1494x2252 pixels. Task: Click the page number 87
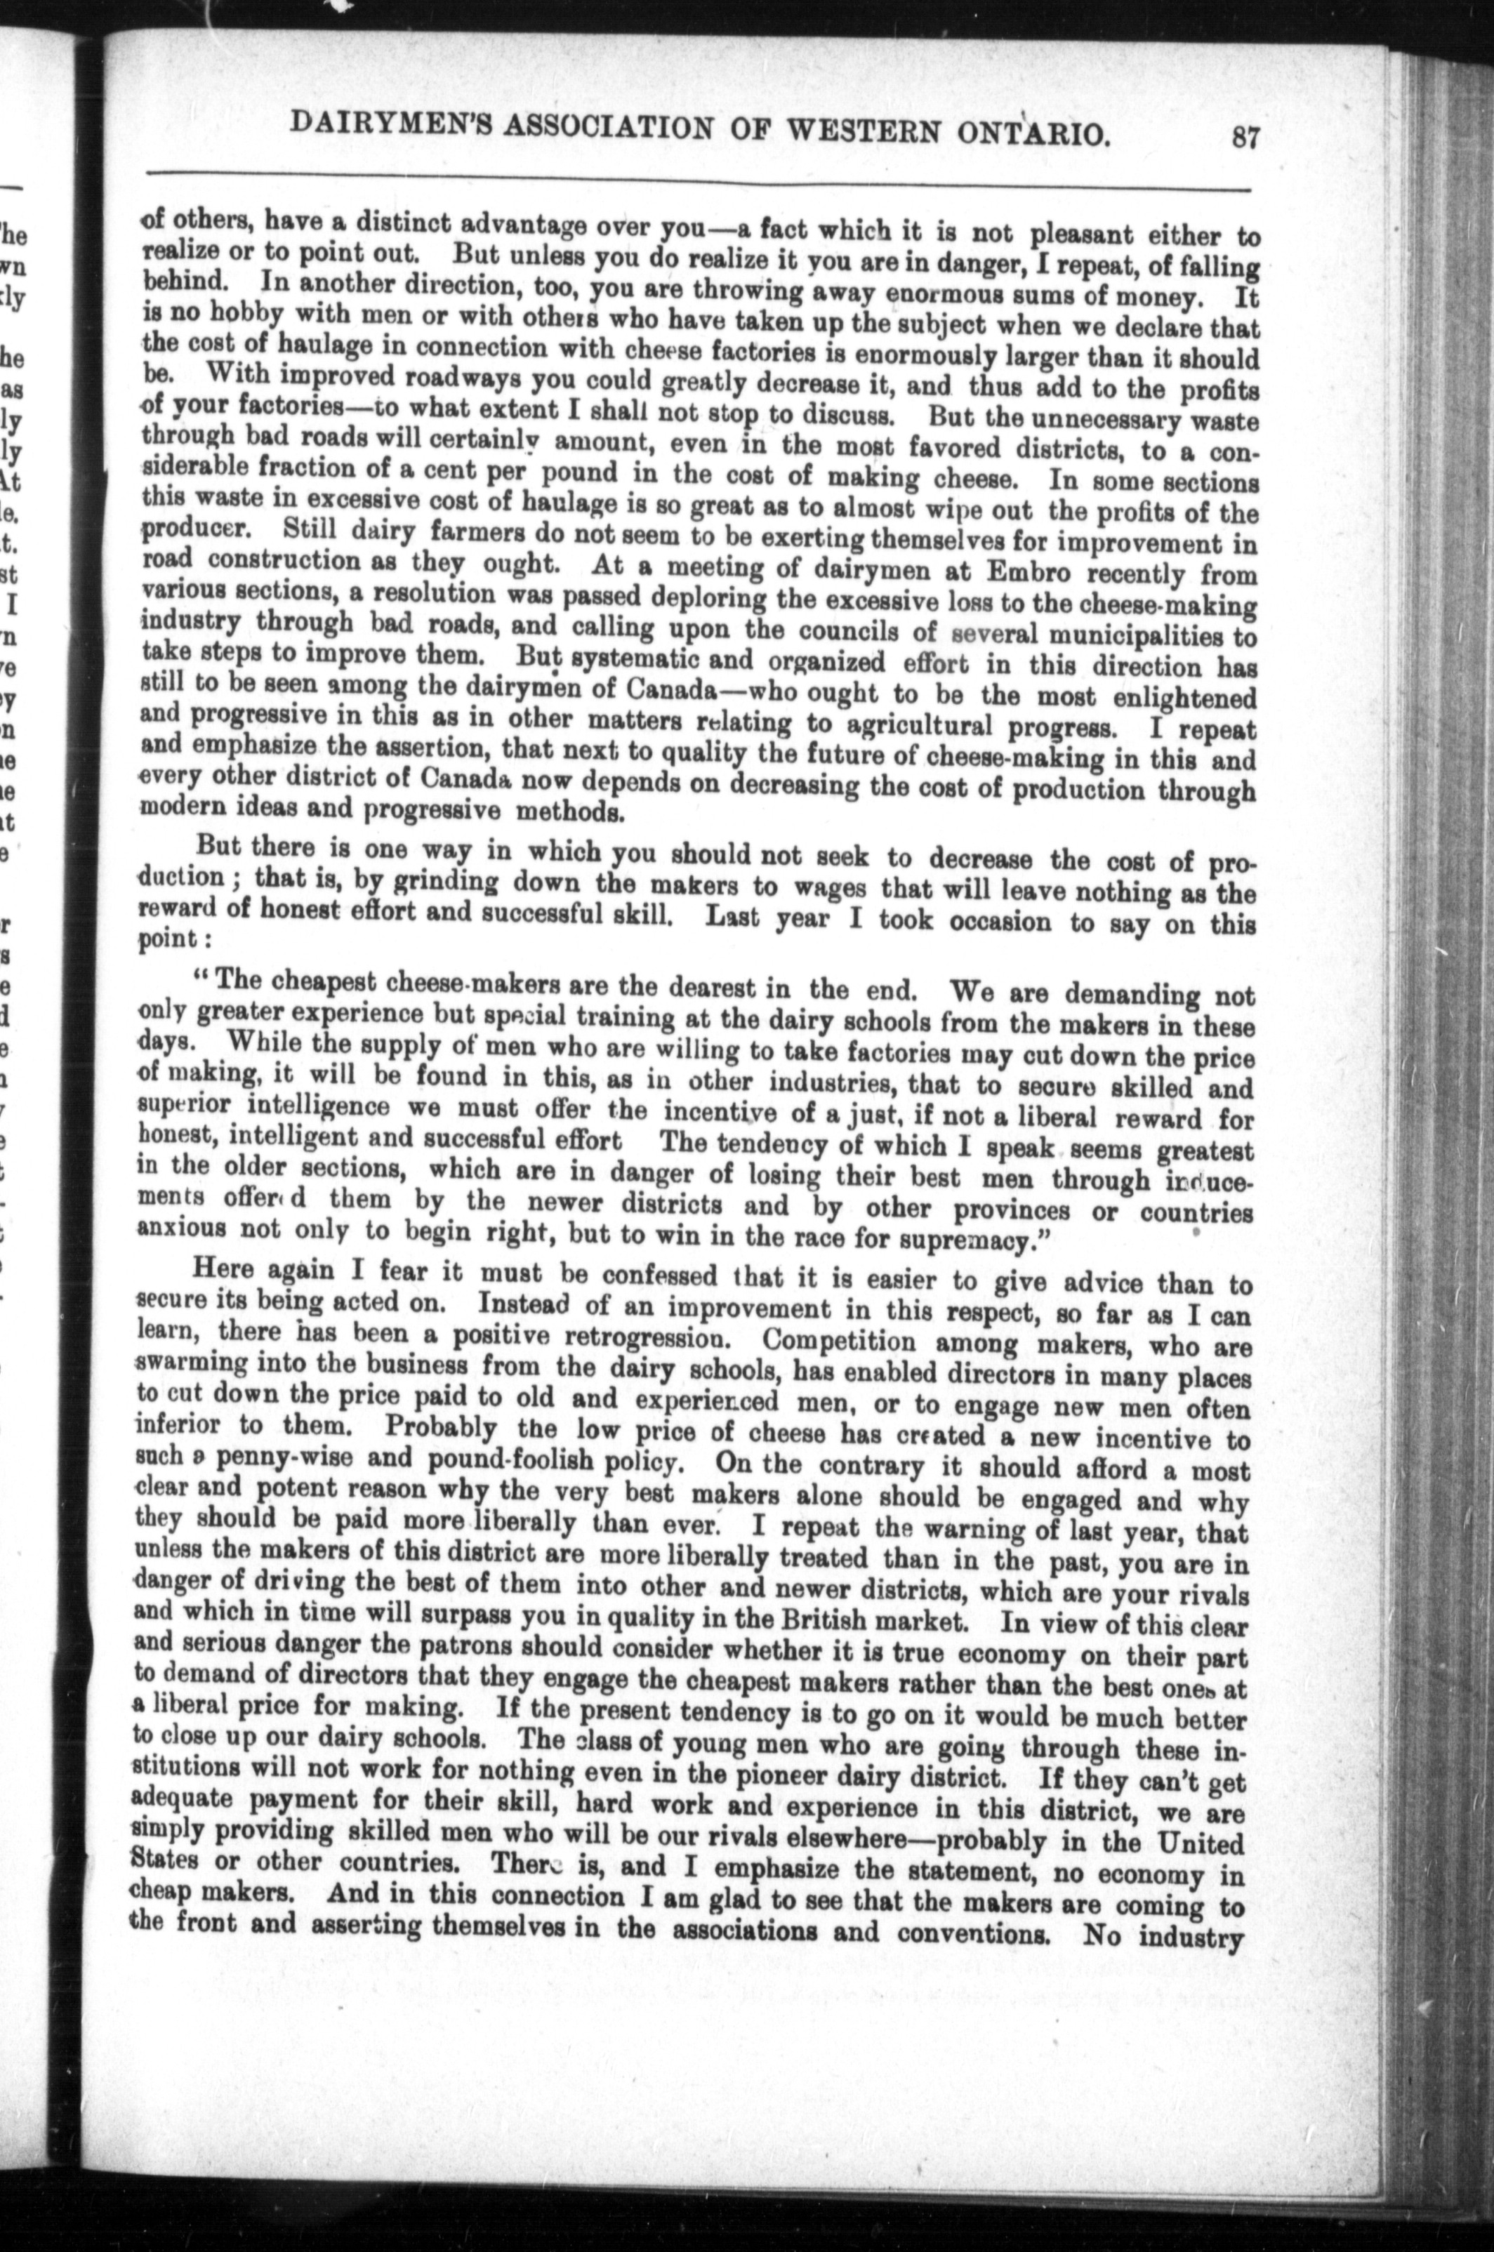[1244, 138]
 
